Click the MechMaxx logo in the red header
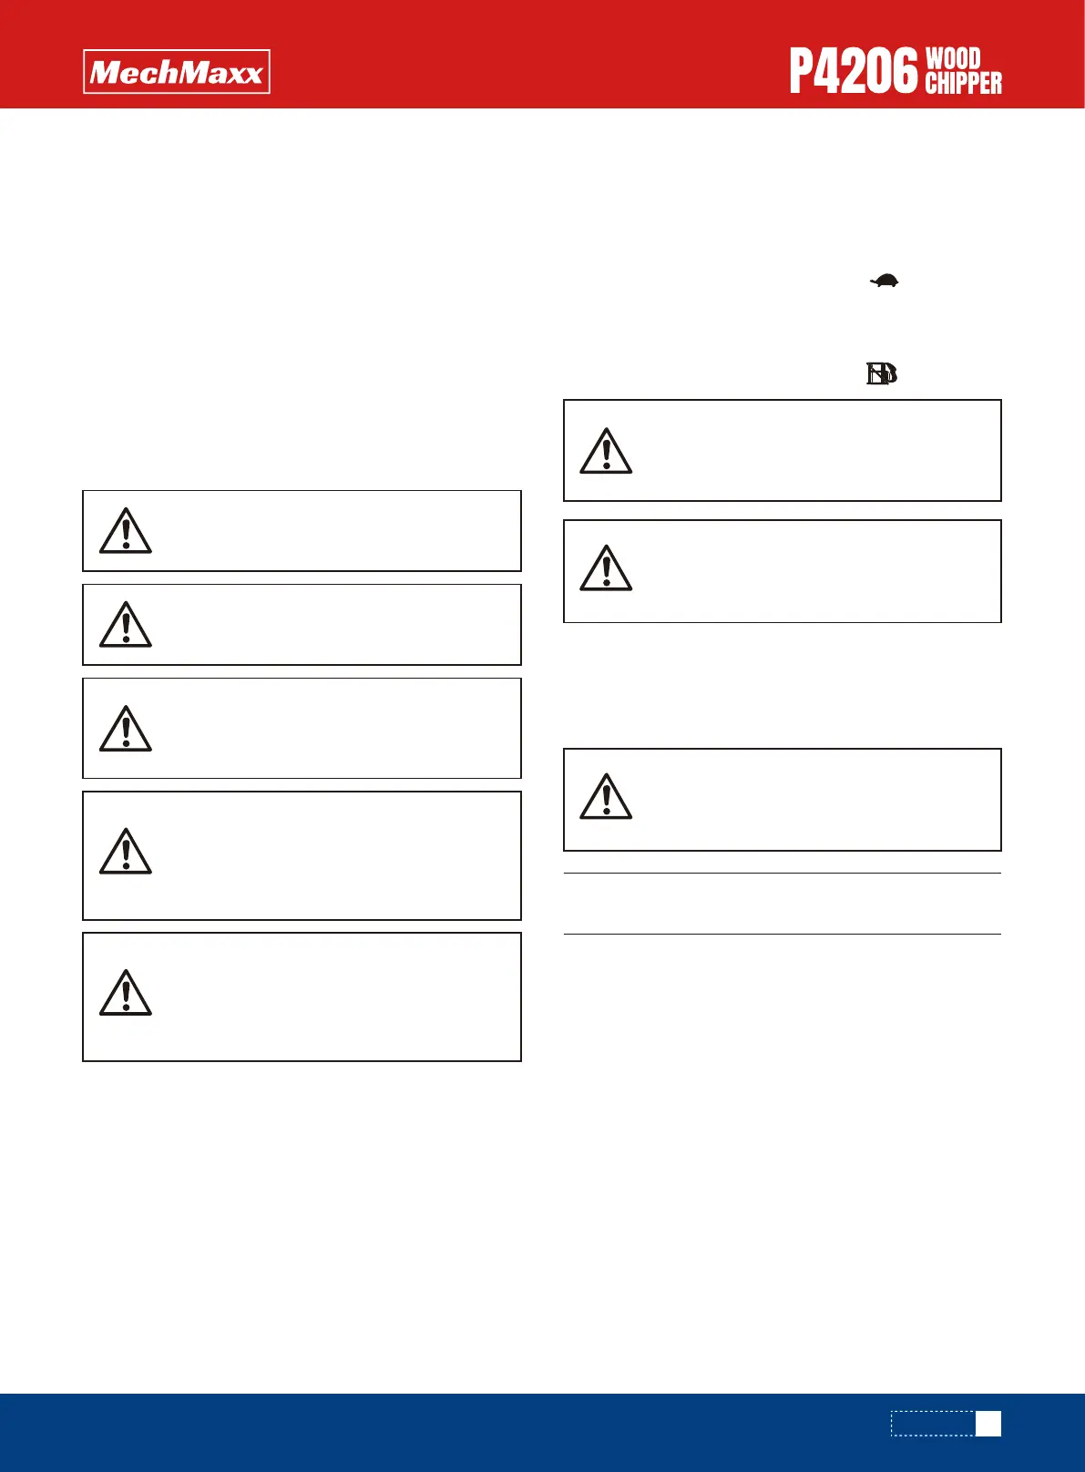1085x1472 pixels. coord(177,72)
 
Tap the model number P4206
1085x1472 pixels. coord(853,72)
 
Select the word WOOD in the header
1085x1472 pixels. coord(953,59)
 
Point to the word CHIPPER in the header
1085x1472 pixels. coord(963,84)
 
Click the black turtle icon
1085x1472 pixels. coord(884,281)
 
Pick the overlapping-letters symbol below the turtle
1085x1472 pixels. coord(882,374)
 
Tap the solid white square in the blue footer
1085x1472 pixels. coord(988,1424)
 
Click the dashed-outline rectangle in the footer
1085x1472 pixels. coord(933,1424)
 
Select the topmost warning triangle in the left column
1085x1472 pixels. coord(126,531)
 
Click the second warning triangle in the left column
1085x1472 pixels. coord(126,625)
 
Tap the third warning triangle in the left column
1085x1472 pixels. coord(126,729)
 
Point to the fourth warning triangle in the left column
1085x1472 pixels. coord(126,852)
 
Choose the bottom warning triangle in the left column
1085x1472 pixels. coord(126,994)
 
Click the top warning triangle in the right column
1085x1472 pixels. coord(606,452)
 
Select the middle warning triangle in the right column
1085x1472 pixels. coord(606,569)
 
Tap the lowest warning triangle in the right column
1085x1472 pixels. coord(606,797)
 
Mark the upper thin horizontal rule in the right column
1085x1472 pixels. coord(782,874)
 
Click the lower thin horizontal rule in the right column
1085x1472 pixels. coord(782,934)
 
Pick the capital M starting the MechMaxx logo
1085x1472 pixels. coord(106,72)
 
